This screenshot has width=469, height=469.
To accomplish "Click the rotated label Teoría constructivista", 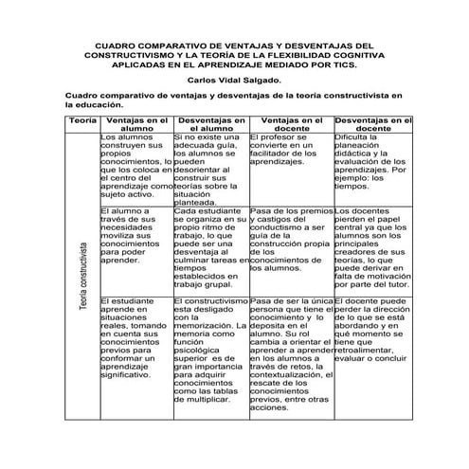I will click(x=83, y=274).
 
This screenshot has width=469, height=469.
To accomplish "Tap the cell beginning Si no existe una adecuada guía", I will click(x=209, y=169).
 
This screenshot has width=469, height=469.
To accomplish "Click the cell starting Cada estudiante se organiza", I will click(x=209, y=247).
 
